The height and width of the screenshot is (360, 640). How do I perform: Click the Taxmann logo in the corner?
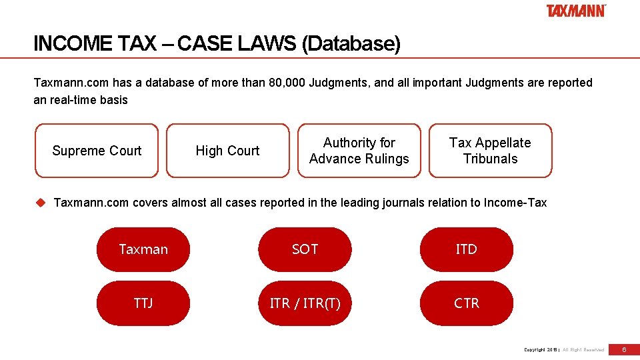coord(576,11)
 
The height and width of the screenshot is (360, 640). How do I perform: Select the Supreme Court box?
coord(97,151)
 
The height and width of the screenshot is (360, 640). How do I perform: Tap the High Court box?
coord(227,151)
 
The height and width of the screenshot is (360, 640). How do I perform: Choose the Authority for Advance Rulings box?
coord(359,151)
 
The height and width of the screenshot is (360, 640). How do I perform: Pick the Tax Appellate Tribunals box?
coord(490,151)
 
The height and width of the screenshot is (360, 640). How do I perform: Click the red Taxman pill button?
coord(143,249)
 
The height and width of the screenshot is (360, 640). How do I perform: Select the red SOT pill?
coord(305,249)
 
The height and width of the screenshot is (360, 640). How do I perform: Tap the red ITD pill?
coord(466,249)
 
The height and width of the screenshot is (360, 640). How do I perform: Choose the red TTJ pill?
coord(143,303)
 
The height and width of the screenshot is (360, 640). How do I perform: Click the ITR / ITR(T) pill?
coord(305,303)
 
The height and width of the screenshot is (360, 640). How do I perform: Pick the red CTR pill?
coord(466,303)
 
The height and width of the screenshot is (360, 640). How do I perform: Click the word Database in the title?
coord(351,44)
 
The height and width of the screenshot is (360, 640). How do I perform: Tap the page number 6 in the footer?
coord(624,349)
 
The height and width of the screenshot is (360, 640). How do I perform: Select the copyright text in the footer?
coord(564,349)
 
